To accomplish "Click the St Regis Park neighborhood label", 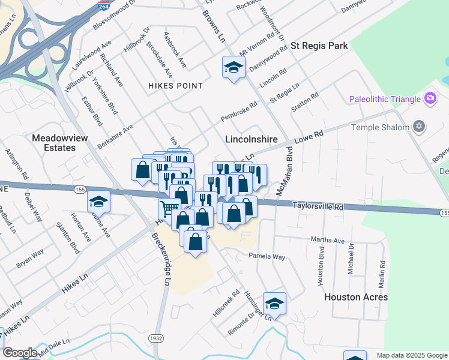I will [x=319, y=46].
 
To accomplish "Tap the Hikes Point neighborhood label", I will [x=175, y=86].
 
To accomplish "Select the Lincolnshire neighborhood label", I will [x=251, y=139].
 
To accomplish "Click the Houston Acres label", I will [x=356, y=297].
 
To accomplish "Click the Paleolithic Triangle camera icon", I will [x=430, y=98].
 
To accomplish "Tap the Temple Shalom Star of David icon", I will [x=420, y=127].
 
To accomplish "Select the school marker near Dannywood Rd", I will [x=233, y=67].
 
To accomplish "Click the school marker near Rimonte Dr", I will [x=274, y=304].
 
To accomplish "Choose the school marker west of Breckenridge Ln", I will [x=99, y=202].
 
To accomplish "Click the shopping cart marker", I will [x=169, y=209].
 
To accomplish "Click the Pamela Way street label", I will [x=267, y=256].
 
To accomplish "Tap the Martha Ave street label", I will [x=328, y=241].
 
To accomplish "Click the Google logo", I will [x=20, y=353].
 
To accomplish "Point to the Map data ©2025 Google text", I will [x=411, y=355].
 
